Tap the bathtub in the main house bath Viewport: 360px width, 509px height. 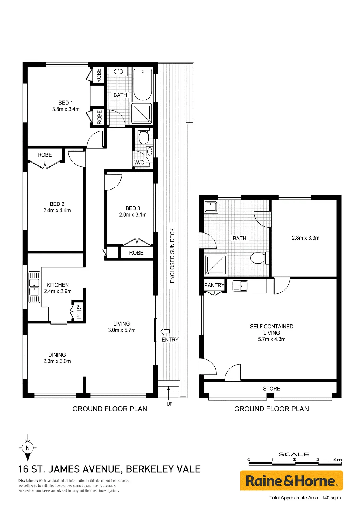143,85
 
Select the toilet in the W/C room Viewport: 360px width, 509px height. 144,136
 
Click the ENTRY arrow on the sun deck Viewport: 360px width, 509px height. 165,331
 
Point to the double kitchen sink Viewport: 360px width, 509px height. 34,287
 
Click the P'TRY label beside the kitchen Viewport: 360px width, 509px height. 79,311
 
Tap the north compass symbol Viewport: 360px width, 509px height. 28,448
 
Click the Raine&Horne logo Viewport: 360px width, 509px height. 291,480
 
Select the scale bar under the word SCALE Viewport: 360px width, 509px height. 295,463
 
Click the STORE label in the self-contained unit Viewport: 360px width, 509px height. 272,389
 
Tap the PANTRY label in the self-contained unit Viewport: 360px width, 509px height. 214,285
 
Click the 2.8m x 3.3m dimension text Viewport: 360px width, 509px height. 306,238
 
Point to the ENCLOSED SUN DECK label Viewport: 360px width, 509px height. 172,256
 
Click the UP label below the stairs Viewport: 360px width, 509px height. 170,404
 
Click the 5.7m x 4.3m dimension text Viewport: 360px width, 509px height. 272,339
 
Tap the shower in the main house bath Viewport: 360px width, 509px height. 142,113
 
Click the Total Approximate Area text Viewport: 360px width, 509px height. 306,498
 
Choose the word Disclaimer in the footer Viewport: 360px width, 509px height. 28,481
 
